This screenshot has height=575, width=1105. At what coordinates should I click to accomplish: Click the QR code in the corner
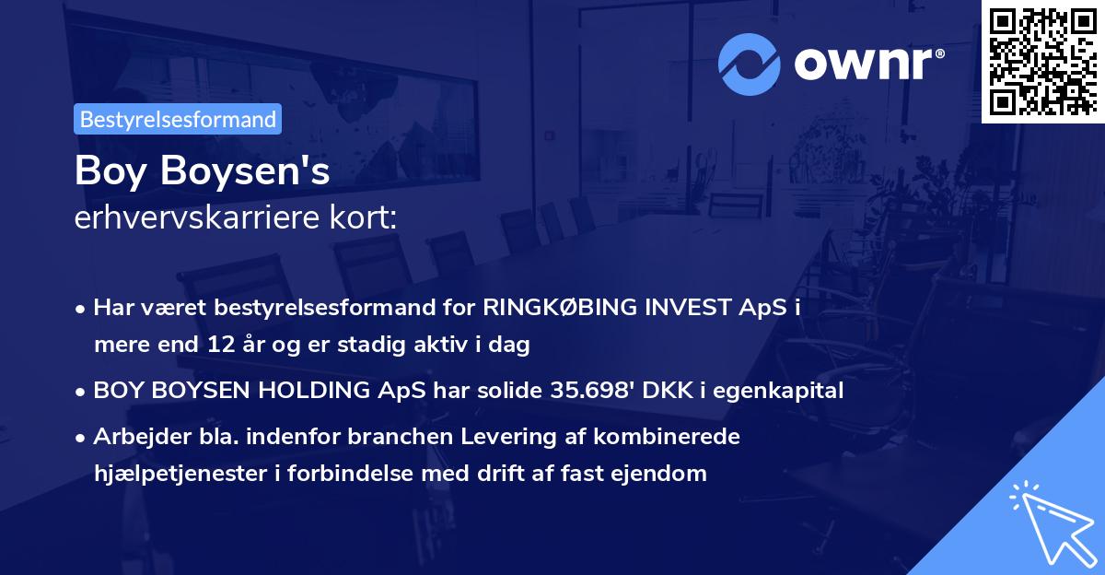tap(1043, 61)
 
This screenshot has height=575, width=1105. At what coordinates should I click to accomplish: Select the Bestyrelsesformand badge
tap(178, 119)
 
